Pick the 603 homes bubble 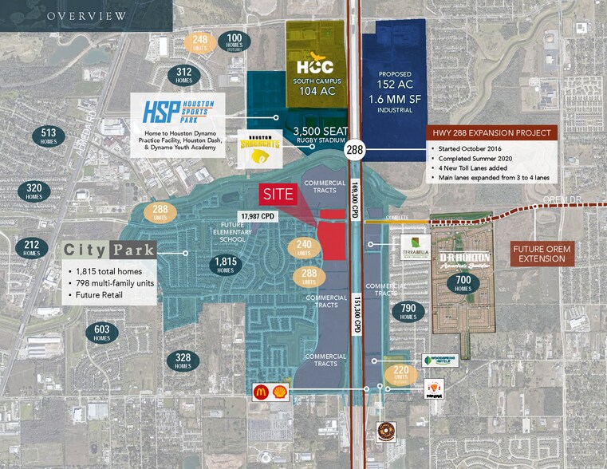click(x=101, y=333)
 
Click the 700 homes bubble click(x=463, y=284)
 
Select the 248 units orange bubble click(x=200, y=41)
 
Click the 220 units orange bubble click(x=400, y=374)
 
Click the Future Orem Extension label click(x=542, y=254)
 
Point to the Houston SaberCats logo click(x=259, y=149)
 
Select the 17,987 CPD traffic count click(x=258, y=215)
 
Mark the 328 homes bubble click(x=183, y=361)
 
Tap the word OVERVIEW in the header click(x=86, y=16)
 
